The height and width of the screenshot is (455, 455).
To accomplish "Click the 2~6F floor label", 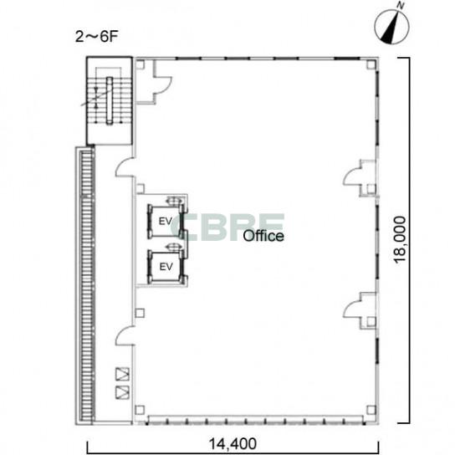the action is coord(97,37).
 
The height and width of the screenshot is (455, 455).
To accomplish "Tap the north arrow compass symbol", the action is coord(392,27).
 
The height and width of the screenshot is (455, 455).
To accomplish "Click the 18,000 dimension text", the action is coord(400,239).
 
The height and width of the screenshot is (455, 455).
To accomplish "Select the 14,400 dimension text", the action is coord(233,444).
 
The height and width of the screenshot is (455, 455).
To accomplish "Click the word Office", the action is coord(263,236).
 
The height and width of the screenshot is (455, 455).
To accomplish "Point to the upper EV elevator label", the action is coord(166,222).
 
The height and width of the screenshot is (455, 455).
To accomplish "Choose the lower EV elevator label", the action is coord(166,267).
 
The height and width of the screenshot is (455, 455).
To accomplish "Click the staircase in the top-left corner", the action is coord(110,100).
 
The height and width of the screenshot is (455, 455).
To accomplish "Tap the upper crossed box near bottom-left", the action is coord(122,374).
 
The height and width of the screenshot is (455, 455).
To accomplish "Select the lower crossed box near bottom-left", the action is coord(122,392).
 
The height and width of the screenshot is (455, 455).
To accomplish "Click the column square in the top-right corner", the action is coord(371,64).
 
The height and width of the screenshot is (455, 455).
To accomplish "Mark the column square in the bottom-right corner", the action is coord(371,411).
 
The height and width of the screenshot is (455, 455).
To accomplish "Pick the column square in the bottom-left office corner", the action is coord(140,410).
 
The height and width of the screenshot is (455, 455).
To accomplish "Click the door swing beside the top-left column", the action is coord(162,84).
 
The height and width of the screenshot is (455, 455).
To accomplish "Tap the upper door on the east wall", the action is coord(351,178).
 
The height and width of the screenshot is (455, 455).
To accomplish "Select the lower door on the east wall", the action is coord(351,310).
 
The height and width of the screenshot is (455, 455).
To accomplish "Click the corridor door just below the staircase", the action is coord(125,167).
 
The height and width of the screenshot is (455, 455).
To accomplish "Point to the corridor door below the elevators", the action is coord(125,335).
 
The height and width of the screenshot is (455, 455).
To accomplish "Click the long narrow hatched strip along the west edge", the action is coord(87,285).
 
